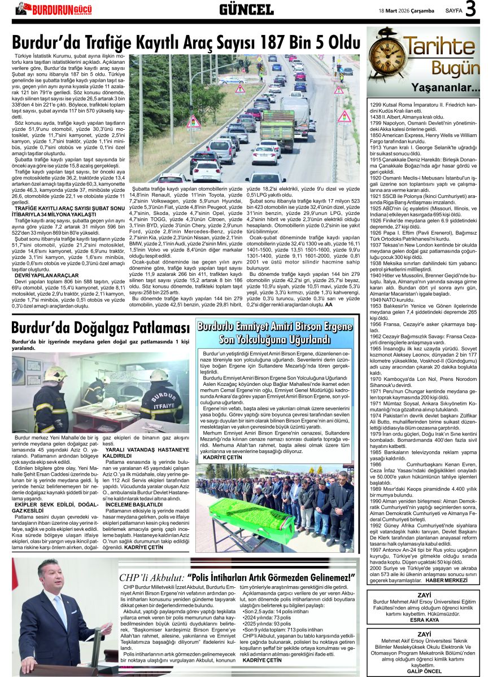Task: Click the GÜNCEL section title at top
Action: point(246,10)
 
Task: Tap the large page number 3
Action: point(471,10)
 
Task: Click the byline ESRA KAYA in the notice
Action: point(424,620)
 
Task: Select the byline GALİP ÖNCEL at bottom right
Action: point(424,671)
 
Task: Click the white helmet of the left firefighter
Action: point(55,373)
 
